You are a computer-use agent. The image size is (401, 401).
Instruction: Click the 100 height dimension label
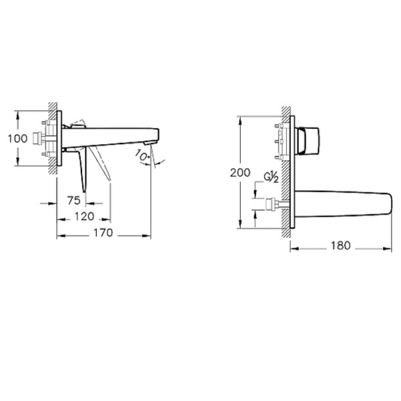[x=17, y=138]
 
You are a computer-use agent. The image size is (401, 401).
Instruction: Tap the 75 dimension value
[x=74, y=200]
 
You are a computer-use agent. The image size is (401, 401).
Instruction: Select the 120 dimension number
[x=84, y=217]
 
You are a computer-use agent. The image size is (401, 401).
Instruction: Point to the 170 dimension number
[x=103, y=233]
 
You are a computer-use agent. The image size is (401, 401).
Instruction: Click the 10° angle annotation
[x=142, y=155]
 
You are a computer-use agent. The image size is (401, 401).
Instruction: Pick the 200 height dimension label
[x=240, y=172]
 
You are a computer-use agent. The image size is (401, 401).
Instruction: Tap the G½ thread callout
[x=271, y=177]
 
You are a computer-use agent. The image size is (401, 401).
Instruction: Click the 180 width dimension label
[x=341, y=245]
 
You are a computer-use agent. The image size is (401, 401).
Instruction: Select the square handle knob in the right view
[x=309, y=140]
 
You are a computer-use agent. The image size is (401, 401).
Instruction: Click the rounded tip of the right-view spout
[x=390, y=204]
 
